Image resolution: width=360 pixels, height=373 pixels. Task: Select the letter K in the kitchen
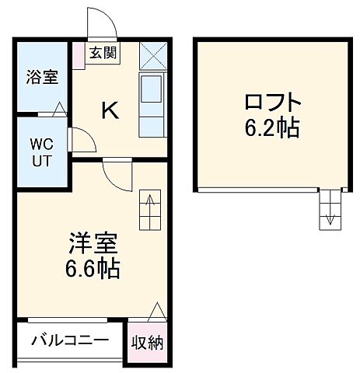tap(110, 111)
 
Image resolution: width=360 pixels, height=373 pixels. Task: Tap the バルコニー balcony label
tap(70, 340)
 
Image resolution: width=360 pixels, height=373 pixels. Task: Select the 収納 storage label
tap(147, 342)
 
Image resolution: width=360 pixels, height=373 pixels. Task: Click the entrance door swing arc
tap(102, 23)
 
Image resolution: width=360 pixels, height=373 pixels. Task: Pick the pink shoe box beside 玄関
tap(79, 54)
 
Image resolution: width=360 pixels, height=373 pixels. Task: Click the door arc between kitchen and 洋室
tap(118, 176)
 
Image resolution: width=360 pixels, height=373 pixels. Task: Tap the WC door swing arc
tap(81, 141)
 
